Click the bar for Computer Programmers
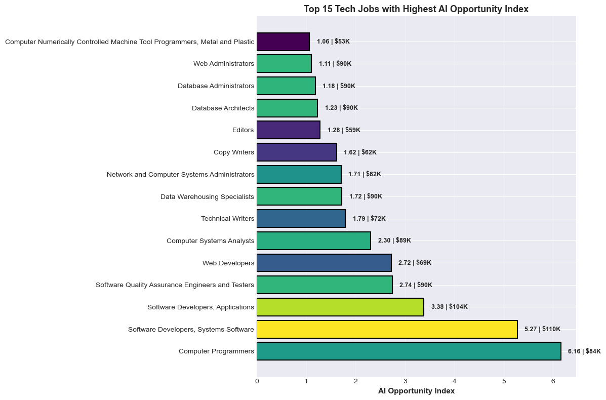409,351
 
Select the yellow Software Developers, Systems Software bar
387,329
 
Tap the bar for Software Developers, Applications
340,307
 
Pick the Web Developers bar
324,263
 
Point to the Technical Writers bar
301,219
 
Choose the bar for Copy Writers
297,152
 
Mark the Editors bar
288,130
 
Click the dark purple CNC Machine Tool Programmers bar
283,42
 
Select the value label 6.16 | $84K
584,351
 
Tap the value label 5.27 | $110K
542,329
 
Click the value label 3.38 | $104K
449,307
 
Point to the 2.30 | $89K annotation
394,241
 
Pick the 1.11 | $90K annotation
335,64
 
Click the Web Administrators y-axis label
223,64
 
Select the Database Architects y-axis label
223,108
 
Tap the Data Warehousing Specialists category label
207,196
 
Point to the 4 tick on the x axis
455,381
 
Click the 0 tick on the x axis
257,381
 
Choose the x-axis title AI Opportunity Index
416,391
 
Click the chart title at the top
416,9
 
